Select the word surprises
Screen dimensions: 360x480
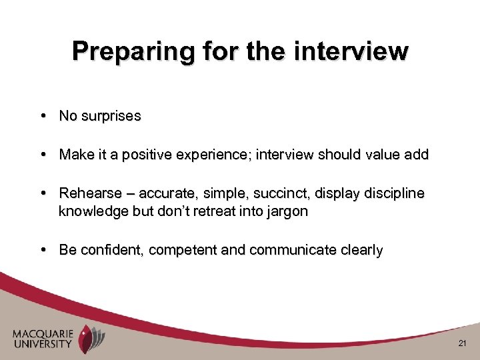[109, 116]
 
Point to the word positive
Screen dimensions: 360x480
[144, 155]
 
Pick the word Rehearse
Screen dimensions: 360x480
[86, 193]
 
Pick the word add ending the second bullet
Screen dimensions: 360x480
[416, 155]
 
